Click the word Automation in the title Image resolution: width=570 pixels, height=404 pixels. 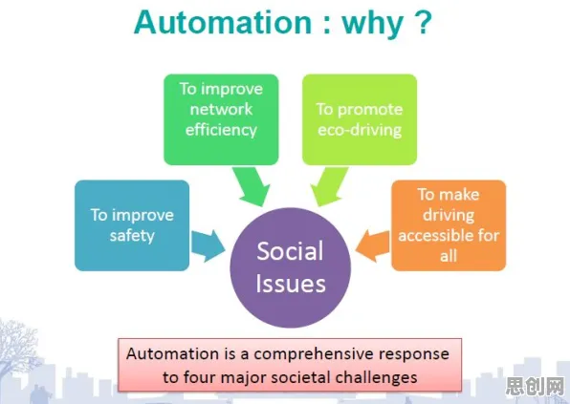[x=223, y=22]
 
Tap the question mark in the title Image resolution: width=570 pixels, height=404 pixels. [x=422, y=22]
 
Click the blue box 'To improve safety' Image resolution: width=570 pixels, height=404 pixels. [x=132, y=225]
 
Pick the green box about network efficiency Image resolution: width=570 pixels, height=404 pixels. [x=221, y=119]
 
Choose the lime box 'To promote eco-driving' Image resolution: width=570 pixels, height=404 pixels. [x=360, y=119]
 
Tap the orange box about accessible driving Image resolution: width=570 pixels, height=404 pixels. [x=449, y=225]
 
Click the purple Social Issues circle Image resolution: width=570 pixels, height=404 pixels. [x=291, y=267]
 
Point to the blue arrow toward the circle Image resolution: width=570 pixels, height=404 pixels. [x=208, y=245]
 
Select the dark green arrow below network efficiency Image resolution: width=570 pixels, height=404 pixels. [x=252, y=186]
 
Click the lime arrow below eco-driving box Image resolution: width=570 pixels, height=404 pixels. [x=328, y=186]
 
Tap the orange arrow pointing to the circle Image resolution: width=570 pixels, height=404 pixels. [x=372, y=245]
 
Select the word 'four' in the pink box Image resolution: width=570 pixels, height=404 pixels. [x=199, y=376]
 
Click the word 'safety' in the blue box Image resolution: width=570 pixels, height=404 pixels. [x=132, y=236]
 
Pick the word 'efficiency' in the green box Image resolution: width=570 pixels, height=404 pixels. [x=221, y=130]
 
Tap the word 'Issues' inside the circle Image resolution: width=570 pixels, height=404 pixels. [x=291, y=284]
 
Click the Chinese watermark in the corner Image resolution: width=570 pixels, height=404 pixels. [x=535, y=386]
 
